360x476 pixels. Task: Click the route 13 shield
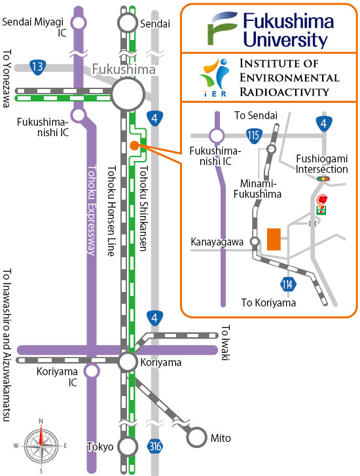point(38,67)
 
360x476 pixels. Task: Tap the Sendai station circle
point(128,24)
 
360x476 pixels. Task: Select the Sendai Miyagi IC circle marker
point(79,23)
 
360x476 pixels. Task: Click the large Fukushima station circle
point(128,94)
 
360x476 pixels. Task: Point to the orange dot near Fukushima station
point(134,146)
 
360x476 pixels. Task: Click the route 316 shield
point(155,447)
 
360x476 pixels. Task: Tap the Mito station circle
point(196,437)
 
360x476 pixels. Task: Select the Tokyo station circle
point(128,447)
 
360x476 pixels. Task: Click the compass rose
point(41,446)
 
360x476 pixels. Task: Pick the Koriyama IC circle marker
point(92,371)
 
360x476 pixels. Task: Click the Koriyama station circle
point(128,362)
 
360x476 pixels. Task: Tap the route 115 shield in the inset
point(254,136)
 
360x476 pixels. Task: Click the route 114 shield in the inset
point(287,284)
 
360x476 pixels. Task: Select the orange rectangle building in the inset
point(274,240)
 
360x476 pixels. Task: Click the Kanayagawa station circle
point(255,242)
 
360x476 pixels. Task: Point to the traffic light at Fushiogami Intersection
point(323,179)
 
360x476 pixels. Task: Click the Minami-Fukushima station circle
point(272,149)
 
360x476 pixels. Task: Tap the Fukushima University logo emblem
point(222,28)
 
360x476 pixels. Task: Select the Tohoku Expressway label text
point(92,210)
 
